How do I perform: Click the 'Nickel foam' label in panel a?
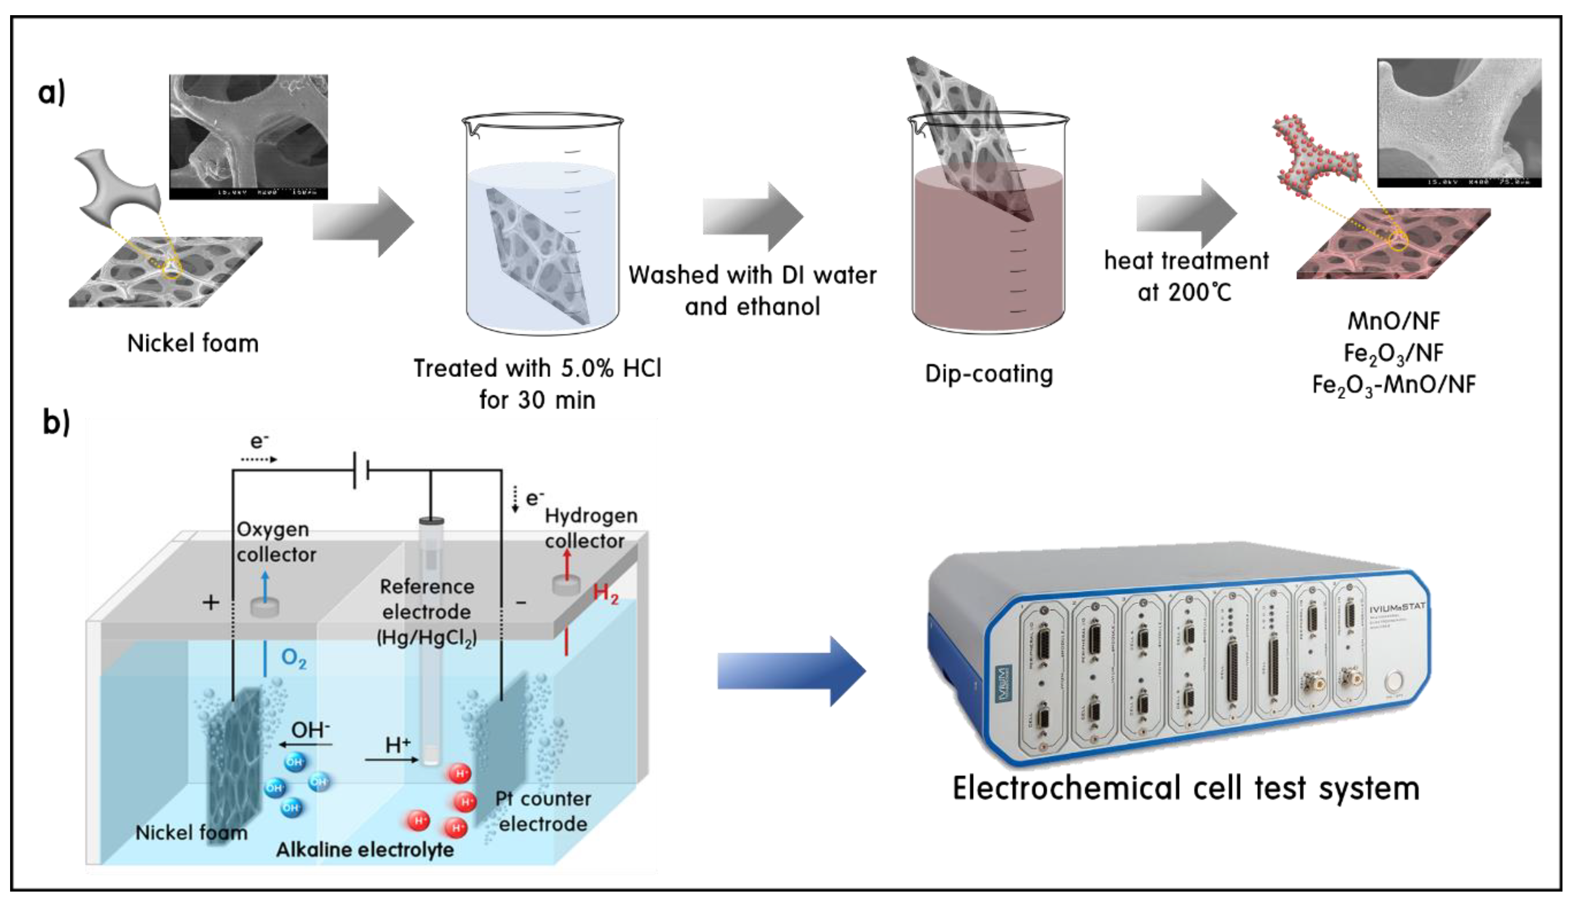(x=193, y=343)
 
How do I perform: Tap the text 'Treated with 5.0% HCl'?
(x=537, y=368)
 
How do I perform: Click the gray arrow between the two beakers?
(x=753, y=217)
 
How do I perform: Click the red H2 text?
(x=605, y=594)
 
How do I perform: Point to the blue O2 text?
(x=294, y=658)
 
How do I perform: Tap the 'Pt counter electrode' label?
(x=543, y=811)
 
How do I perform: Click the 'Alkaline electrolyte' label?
(x=365, y=850)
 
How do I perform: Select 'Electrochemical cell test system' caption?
(x=1186, y=789)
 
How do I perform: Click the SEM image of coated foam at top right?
(x=1458, y=122)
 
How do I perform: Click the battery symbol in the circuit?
(x=362, y=470)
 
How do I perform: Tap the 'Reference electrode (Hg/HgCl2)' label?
(x=427, y=612)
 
